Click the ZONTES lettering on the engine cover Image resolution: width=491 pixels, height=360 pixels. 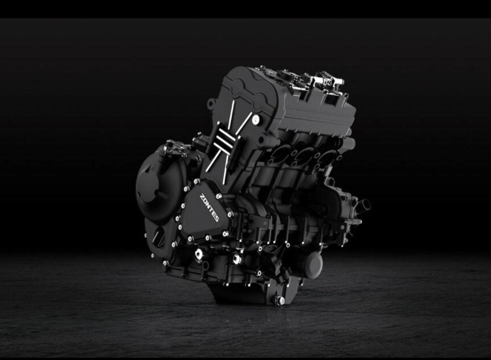click(209, 208)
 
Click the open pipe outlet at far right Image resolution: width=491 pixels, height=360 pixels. click(365, 204)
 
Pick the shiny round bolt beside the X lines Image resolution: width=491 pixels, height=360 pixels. click(256, 120)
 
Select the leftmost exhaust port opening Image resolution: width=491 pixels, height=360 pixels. click(280, 154)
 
